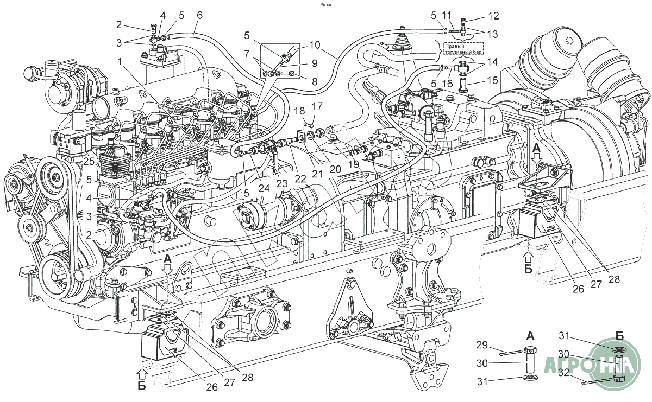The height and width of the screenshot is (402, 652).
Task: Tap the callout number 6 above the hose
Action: [x=199, y=16]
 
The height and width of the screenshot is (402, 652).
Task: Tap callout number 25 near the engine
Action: [x=89, y=161]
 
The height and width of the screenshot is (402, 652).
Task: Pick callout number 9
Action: [x=314, y=63]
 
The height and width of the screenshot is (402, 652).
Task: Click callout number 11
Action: [x=447, y=15]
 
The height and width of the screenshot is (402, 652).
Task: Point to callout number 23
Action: [x=281, y=183]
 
